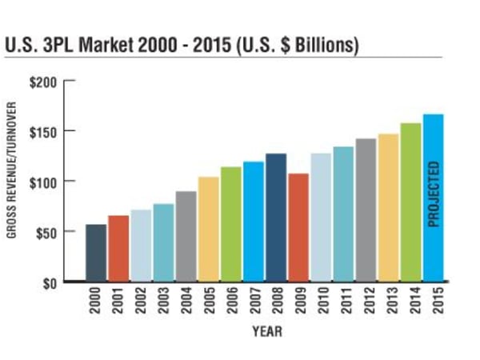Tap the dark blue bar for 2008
click(275, 217)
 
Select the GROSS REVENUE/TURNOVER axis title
click(14, 182)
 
